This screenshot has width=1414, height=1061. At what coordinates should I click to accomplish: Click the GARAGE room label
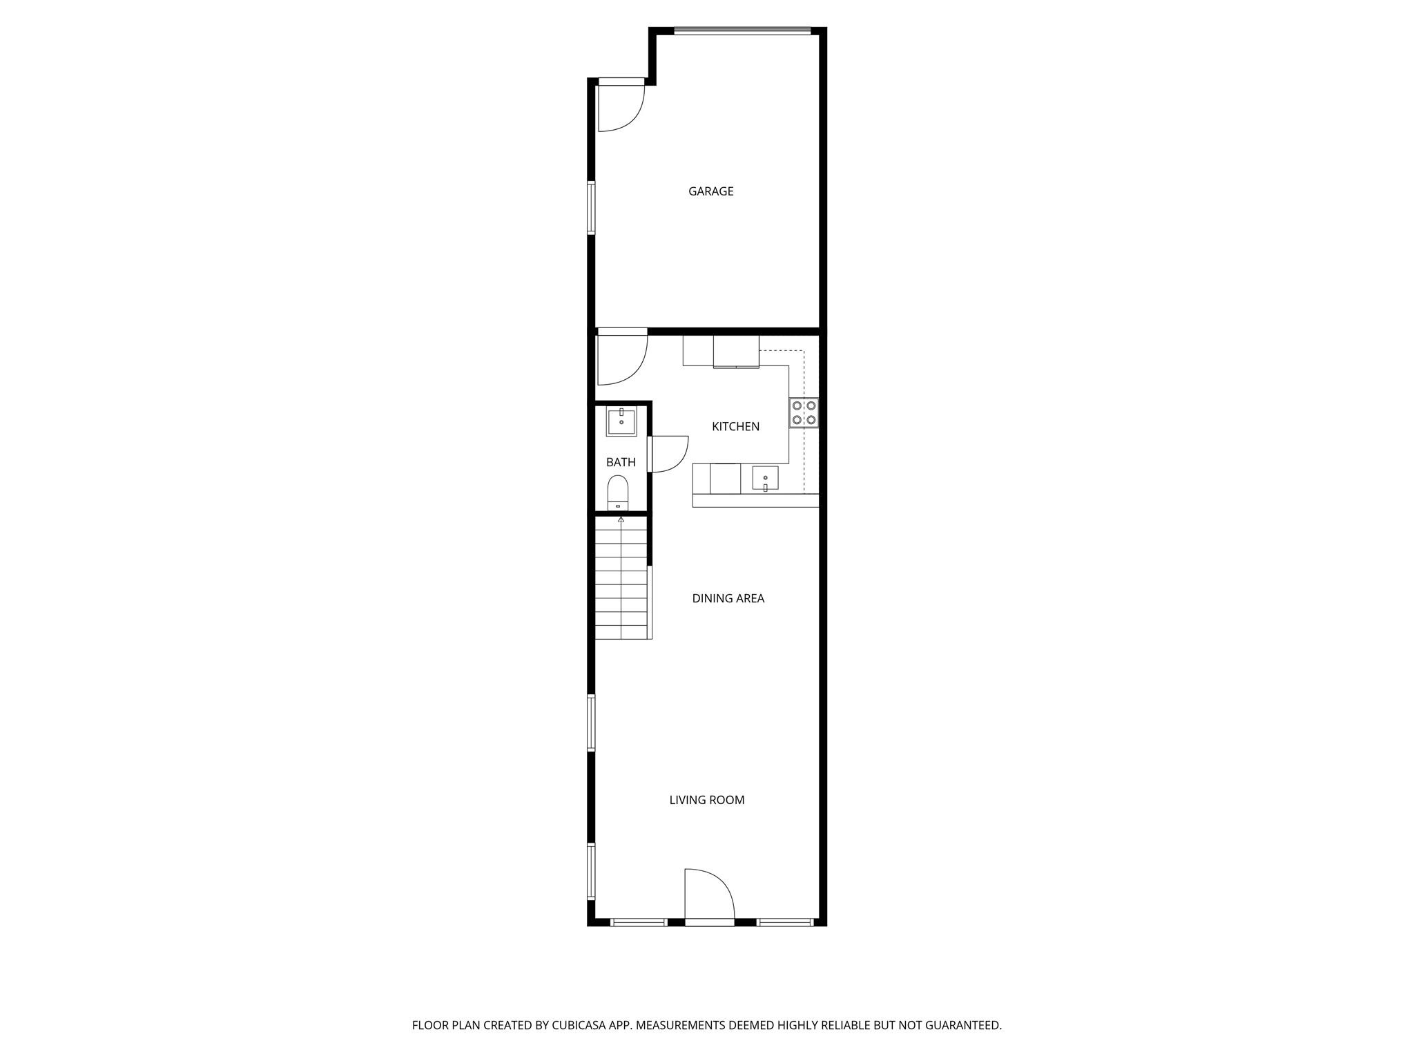[710, 191]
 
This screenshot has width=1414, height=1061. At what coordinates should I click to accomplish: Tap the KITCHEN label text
[735, 427]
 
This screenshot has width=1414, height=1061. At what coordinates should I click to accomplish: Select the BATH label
[621, 462]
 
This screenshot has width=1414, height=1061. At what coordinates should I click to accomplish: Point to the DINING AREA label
[728, 598]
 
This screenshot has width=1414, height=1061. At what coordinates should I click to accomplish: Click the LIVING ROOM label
[706, 800]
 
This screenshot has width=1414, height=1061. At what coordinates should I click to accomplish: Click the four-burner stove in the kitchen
[804, 412]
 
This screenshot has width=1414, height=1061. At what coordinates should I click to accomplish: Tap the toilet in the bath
[618, 491]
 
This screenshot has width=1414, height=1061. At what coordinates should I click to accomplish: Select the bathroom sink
[621, 421]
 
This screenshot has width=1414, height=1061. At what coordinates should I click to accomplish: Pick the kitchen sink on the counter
[765, 478]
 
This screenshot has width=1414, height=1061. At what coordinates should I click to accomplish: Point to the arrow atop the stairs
[621, 519]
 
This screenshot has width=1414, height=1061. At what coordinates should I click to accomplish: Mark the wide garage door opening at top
[742, 30]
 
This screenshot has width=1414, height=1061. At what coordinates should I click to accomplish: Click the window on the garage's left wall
[591, 207]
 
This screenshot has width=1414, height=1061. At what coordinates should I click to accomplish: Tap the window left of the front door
[639, 921]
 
